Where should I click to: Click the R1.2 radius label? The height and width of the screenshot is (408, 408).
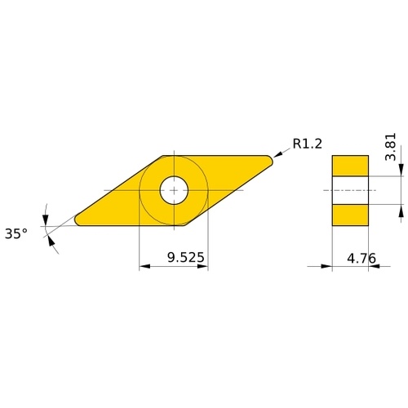[x=307, y=144]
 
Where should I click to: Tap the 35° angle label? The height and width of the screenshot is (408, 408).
[x=16, y=233]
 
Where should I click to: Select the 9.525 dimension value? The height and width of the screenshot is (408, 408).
[x=185, y=257]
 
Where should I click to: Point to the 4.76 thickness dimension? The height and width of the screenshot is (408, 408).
[x=361, y=258]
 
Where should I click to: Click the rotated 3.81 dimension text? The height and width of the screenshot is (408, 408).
[x=391, y=147]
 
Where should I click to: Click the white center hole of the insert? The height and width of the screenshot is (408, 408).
[x=174, y=190]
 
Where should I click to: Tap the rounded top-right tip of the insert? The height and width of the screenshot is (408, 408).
[x=270, y=160]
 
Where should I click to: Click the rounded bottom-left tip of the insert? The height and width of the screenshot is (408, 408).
[x=78, y=220]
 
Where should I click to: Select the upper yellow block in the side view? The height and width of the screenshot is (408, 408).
[x=350, y=166]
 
